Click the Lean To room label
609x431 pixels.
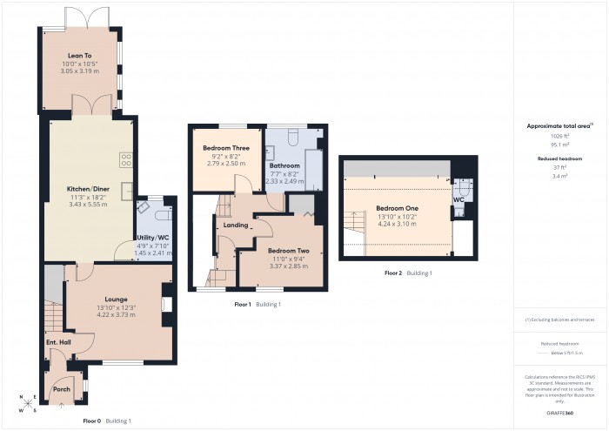(x=81, y=54)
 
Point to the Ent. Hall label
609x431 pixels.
(x=57, y=342)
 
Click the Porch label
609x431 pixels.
(x=62, y=389)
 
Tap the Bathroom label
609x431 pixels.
(x=284, y=165)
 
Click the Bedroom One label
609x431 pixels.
(x=397, y=209)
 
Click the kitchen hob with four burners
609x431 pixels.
(x=125, y=159)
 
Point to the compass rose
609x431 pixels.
(x=28, y=403)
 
